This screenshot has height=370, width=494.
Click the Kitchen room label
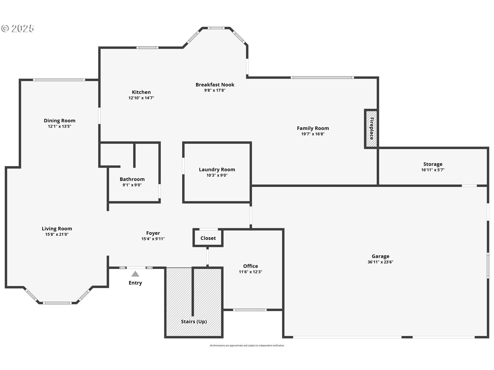[141, 92]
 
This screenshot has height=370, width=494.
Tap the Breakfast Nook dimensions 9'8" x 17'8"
[215, 90]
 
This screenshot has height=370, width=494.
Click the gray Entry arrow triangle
[135, 274]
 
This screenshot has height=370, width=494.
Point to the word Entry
[135, 283]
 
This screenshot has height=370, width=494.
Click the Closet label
[208, 238]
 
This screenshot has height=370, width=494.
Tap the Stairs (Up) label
[194, 321]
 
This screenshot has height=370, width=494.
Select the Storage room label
[433, 164]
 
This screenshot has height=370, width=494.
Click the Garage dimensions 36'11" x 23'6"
[380, 262]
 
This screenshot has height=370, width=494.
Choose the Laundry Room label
[217, 170]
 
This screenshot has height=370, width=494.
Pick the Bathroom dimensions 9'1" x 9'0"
[132, 185]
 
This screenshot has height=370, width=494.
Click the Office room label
[250, 266]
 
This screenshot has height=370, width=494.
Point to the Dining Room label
[59, 121]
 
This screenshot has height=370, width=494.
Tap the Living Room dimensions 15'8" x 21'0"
[57, 234]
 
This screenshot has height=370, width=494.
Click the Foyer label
[153, 233]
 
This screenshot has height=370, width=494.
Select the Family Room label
[313, 128]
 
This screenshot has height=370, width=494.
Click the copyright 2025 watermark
[17, 28]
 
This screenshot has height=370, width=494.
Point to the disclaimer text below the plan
[247, 346]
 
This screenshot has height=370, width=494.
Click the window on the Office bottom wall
[250, 310]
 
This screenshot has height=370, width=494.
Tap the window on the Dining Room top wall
[59, 80]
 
